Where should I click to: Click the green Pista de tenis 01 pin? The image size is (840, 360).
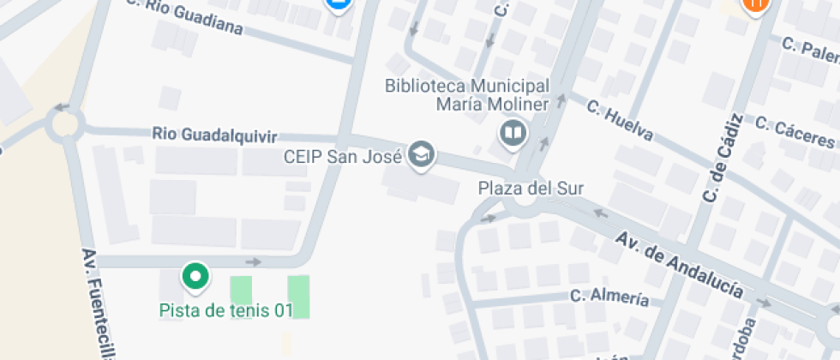click(x=195, y=276)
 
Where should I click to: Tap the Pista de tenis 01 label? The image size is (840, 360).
click(x=226, y=310)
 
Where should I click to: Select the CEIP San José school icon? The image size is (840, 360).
click(x=422, y=155)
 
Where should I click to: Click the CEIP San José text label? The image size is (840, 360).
click(x=343, y=158)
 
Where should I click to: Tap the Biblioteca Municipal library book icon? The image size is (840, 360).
click(x=513, y=133)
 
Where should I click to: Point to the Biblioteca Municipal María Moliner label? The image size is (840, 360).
click(x=467, y=95)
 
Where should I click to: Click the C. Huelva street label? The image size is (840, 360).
click(x=621, y=121)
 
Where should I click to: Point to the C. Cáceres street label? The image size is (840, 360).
click(x=795, y=131)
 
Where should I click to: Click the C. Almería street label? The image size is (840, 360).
click(x=609, y=297)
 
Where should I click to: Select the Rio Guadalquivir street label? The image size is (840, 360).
click(x=215, y=135)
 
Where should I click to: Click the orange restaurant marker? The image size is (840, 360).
click(x=755, y=5)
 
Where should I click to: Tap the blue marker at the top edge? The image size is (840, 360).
click(x=339, y=4)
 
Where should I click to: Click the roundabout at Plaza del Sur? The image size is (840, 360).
click(x=521, y=205)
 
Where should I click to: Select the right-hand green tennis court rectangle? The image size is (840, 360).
click(x=298, y=297)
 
